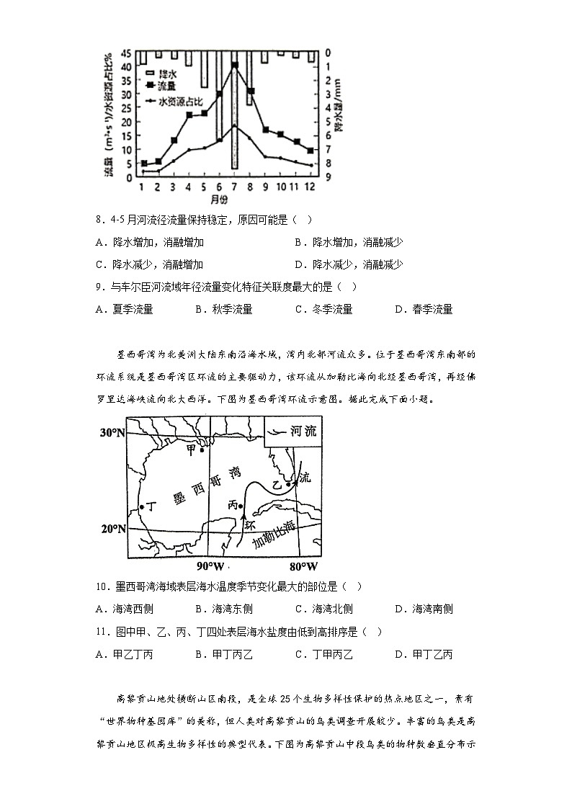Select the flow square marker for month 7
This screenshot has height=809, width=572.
coord(235,65)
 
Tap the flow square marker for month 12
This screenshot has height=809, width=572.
coord(310,151)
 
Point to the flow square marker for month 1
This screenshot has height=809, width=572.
coord(144,164)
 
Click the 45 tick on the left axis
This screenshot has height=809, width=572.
coord(126,53)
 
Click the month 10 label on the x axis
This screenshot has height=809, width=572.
coord(280,187)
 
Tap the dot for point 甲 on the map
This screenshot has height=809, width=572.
coord(202,451)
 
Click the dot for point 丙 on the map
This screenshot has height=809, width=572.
coord(240,506)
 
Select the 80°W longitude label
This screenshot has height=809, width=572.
coord(303,566)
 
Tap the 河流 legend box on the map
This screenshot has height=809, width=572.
coord(294,433)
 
